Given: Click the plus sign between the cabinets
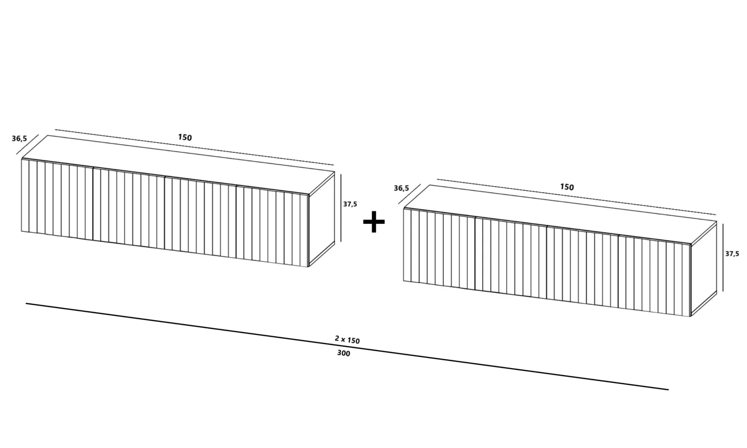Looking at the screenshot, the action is (374, 221).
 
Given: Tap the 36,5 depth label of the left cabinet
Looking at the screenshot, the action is (19, 138).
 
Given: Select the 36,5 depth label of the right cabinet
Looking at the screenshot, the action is (401, 188).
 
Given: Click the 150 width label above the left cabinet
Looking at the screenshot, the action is (185, 137).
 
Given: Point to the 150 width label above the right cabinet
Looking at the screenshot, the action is (567, 187).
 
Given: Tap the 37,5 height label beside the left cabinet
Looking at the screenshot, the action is (350, 204).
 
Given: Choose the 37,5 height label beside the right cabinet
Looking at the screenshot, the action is (732, 254).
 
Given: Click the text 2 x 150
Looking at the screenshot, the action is (347, 340).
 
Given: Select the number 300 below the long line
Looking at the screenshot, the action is (343, 353).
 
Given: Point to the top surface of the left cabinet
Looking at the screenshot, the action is (179, 165).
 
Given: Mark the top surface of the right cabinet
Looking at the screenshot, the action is (560, 215).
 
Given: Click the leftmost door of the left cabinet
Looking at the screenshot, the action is (57, 199).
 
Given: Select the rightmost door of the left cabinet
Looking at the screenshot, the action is (272, 227).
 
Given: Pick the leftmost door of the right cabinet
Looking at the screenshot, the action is (439, 249).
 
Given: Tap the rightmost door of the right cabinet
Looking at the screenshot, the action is (654, 276).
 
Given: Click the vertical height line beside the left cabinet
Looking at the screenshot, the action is (341, 208).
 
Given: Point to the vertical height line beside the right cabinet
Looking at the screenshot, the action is (723, 257).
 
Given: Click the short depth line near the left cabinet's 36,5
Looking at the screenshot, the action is (27, 144).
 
